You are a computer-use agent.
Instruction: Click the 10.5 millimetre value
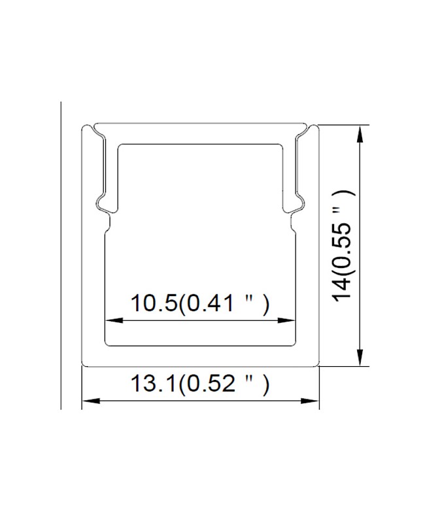coord(154,303)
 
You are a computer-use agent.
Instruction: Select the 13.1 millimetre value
coord(154,384)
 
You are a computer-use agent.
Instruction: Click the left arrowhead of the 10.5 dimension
coord(114,320)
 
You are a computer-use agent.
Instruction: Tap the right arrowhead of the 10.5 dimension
coord(286,320)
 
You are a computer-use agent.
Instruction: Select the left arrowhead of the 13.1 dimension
coord(91,400)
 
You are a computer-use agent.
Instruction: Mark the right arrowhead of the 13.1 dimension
coord(310,400)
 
